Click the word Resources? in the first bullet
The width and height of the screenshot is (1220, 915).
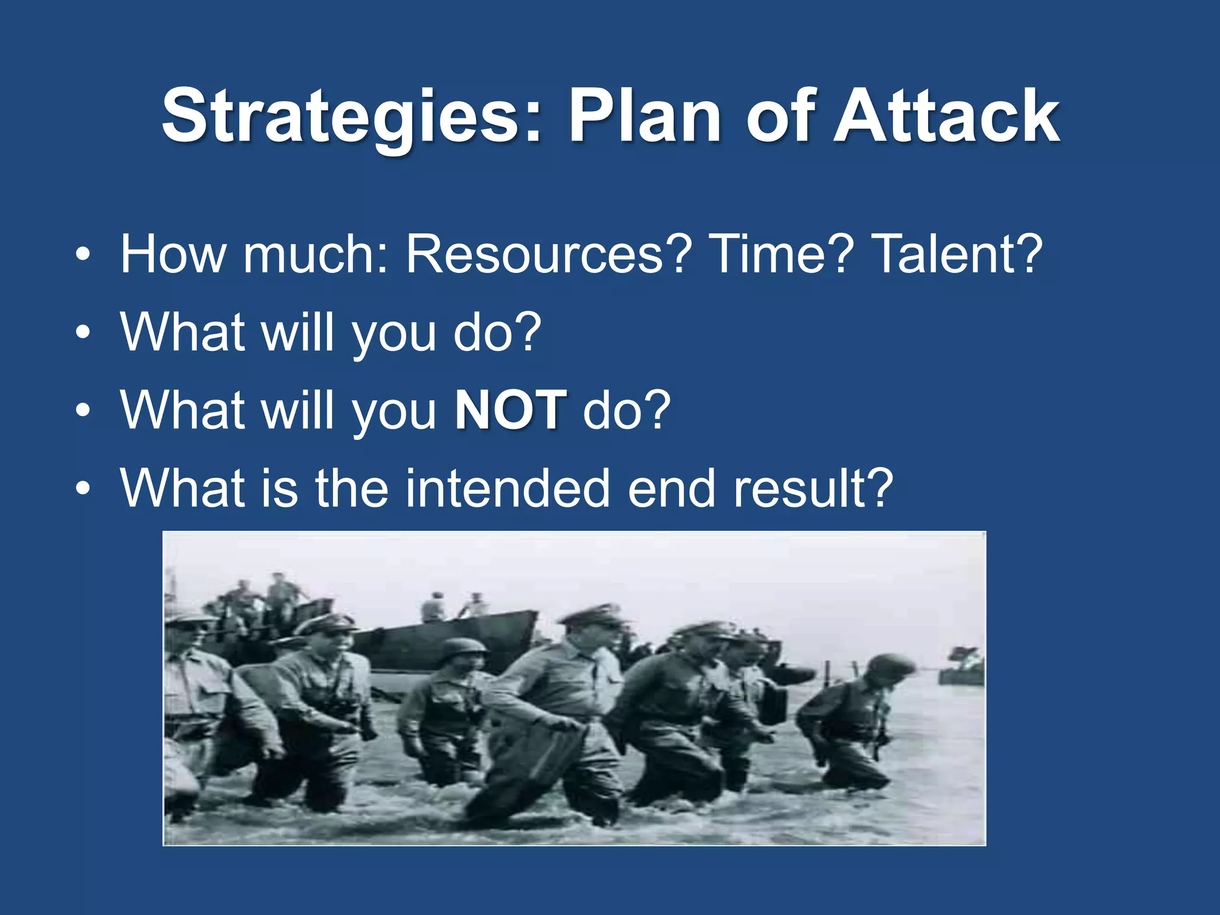(549, 254)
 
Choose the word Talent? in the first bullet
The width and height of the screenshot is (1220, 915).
(957, 254)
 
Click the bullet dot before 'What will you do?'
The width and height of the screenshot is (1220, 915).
(83, 333)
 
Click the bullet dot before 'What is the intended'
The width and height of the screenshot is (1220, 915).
(83, 489)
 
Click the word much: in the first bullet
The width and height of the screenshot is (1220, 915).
(316, 254)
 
